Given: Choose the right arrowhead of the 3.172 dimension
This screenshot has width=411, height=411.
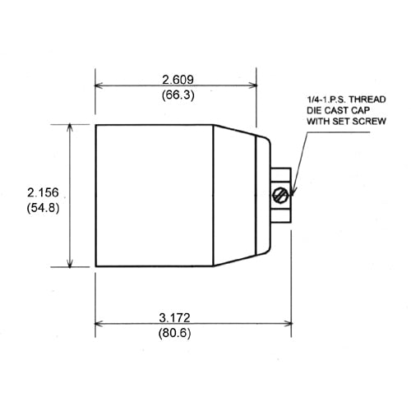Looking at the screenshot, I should click(x=289, y=324).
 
